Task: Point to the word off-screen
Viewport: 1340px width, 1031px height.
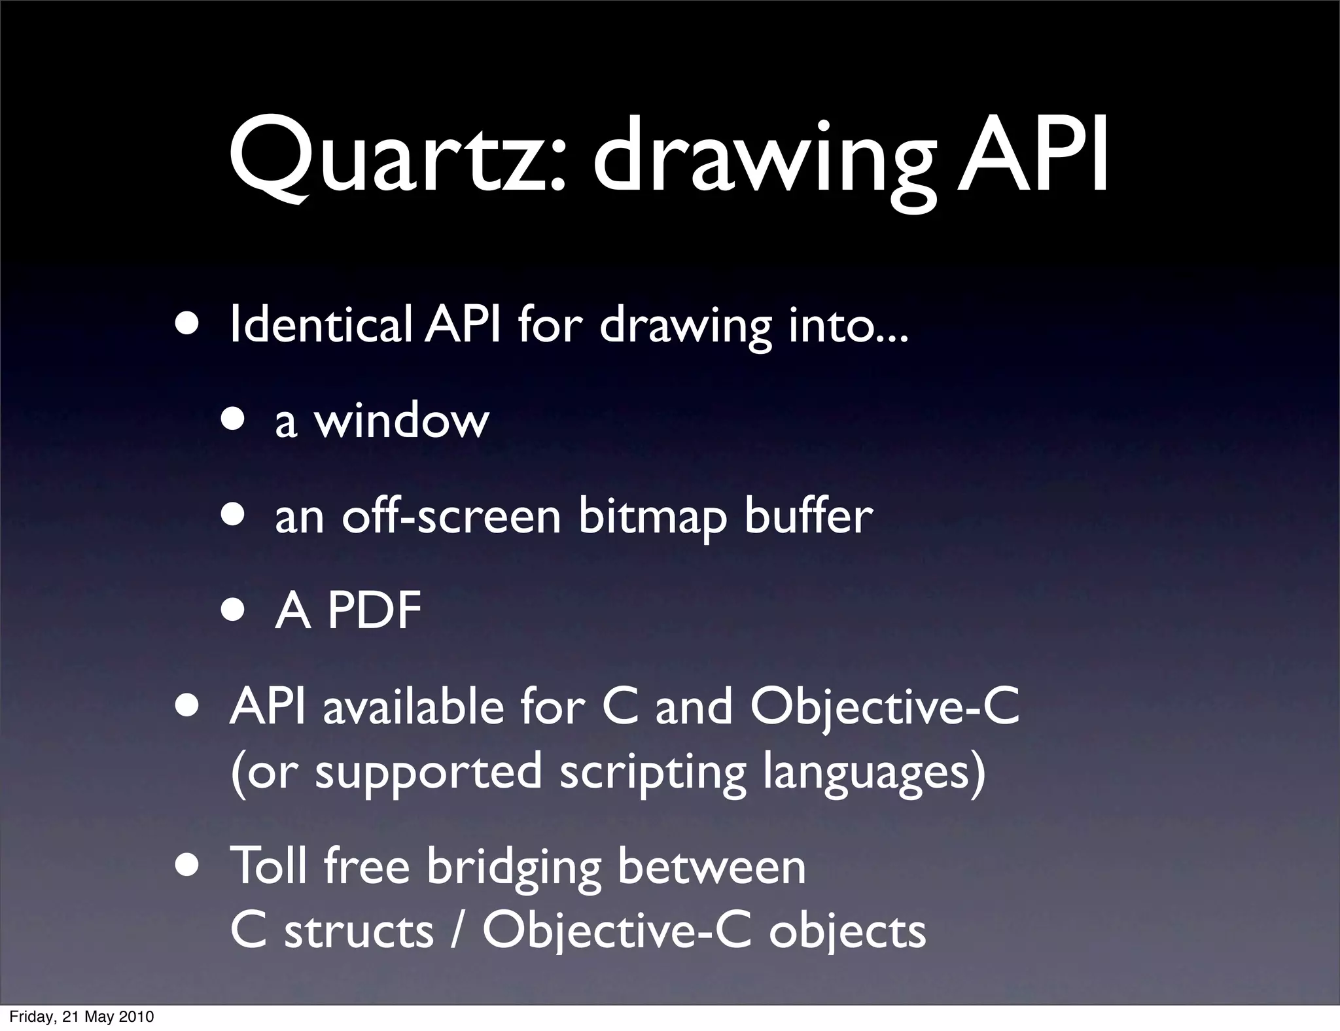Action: pyautogui.click(x=451, y=516)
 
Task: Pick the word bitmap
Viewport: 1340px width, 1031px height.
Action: pyautogui.click(x=652, y=517)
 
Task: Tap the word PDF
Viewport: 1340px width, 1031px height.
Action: pyautogui.click(x=374, y=611)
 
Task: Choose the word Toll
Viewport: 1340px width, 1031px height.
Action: pyautogui.click(x=269, y=866)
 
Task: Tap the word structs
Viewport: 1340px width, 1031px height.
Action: pyautogui.click(x=359, y=930)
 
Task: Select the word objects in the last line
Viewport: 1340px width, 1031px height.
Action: pyautogui.click(x=847, y=932)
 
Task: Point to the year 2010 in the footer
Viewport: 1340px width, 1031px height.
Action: pyautogui.click(x=136, y=1017)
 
